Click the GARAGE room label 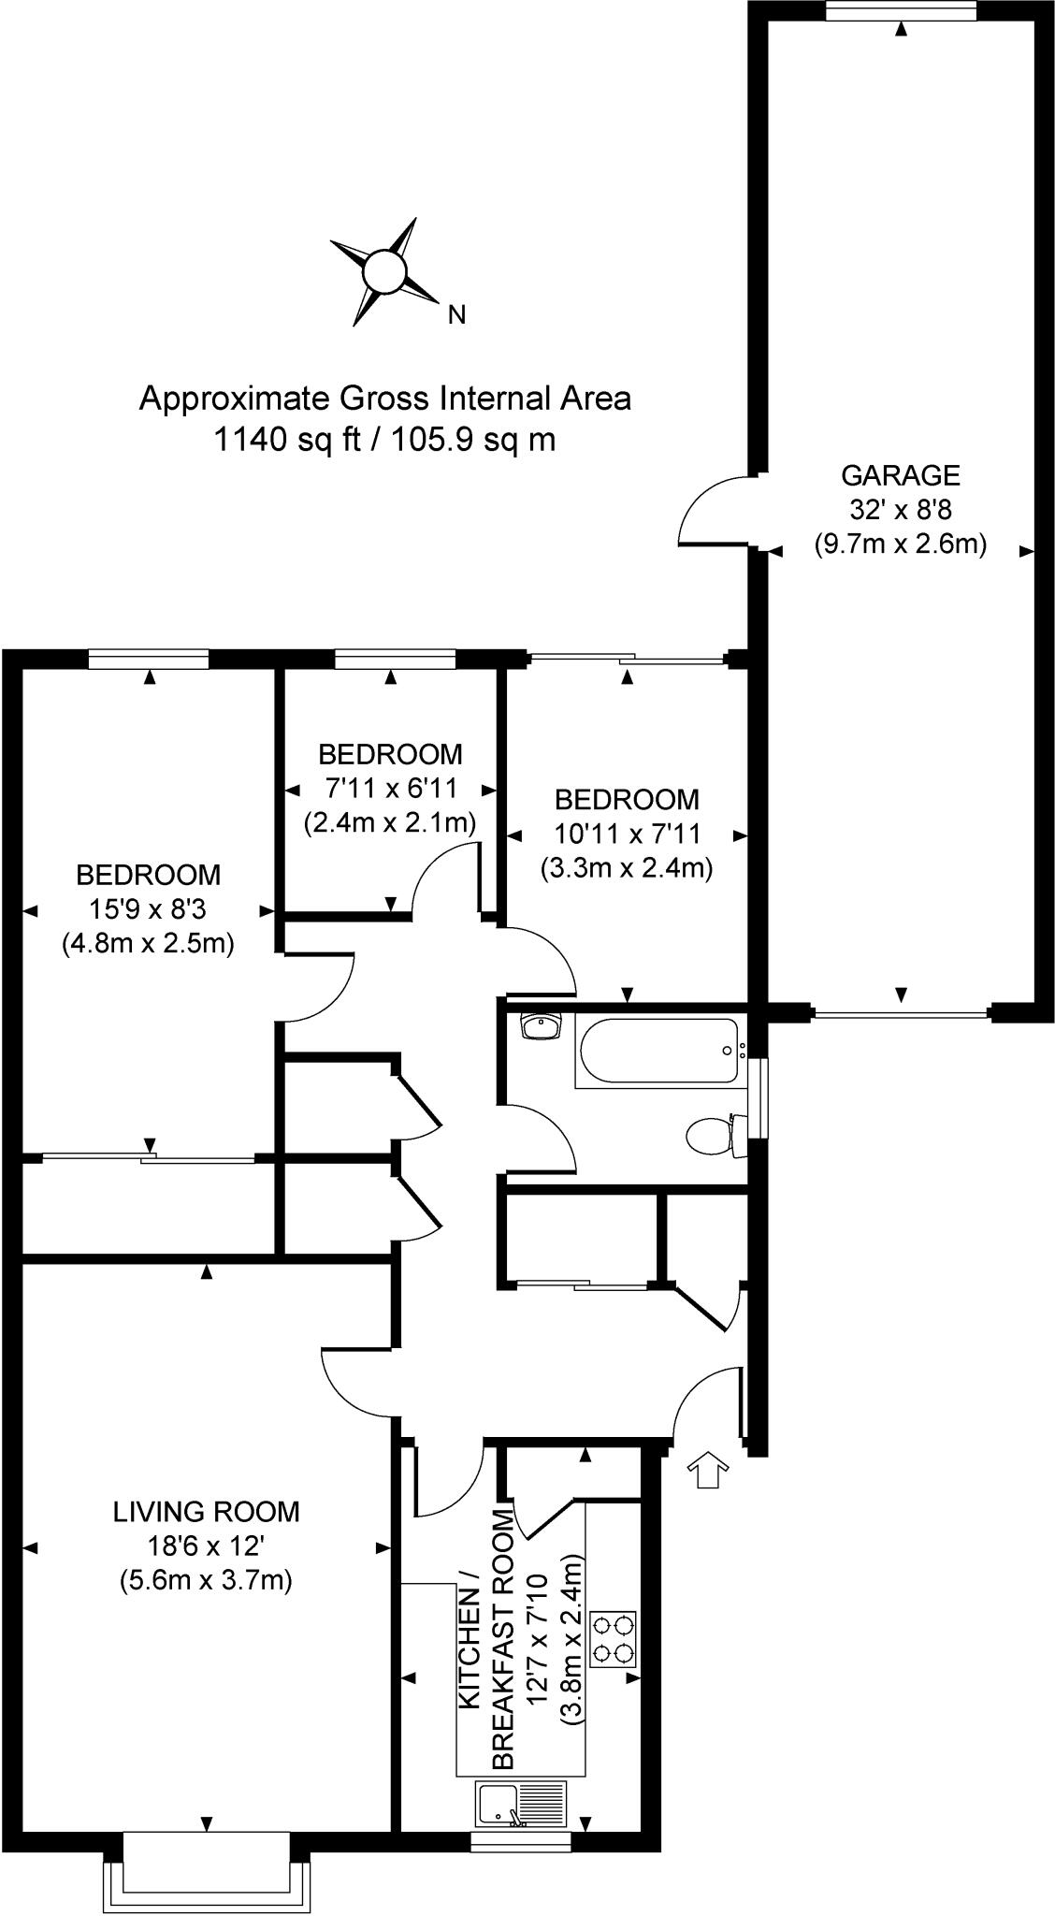(901, 475)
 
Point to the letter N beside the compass (456, 315)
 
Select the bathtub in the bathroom (660, 1052)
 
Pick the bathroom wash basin (541, 1026)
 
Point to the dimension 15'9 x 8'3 (149, 908)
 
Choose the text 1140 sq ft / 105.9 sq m (384, 439)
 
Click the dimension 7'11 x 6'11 (390, 789)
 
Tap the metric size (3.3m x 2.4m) (627, 867)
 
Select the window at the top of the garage (901, 10)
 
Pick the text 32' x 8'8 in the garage (901, 509)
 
